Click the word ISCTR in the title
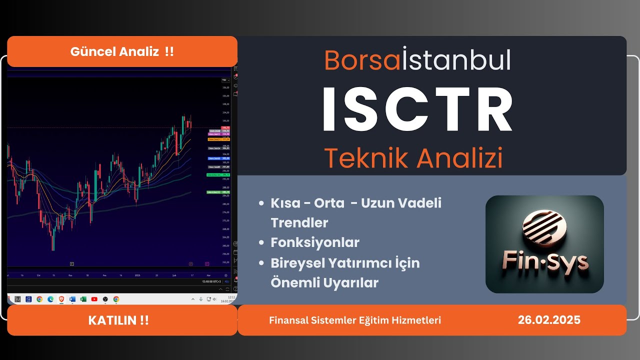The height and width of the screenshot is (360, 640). tap(417, 109)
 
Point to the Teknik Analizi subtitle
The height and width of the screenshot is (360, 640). tap(413, 158)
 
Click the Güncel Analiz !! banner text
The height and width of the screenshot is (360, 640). tap(122, 51)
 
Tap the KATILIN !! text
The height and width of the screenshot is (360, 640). tap(118, 320)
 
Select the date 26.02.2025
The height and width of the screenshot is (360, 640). tap(549, 320)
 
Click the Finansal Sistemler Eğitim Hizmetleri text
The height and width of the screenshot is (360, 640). tap(355, 320)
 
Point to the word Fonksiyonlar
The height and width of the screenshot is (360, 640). tap(315, 242)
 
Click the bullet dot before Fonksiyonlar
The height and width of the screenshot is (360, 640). tap(261, 243)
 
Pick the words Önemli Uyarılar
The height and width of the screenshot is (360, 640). tap(324, 282)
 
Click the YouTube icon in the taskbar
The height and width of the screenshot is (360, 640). tap(94, 299)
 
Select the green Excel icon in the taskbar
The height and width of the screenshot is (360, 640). tap(83, 299)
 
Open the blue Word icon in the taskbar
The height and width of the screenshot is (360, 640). tap(72, 299)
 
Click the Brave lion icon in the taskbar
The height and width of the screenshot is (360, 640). tap(61, 299)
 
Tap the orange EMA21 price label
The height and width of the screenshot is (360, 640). tap(218, 139)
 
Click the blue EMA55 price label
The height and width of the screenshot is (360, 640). tap(218, 158)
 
